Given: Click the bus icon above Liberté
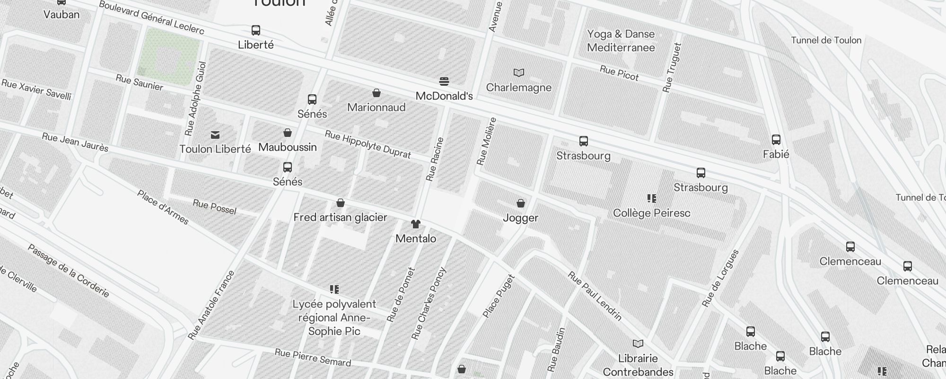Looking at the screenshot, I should pos(256,30).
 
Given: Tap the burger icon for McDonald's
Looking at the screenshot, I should pos(444,81).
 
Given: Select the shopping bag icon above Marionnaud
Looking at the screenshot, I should pos(377,93).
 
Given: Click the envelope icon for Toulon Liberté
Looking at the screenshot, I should pos(215,135).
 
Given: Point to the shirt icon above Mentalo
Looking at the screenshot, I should pos(416,224).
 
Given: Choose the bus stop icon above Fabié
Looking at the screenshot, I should pos(776,140).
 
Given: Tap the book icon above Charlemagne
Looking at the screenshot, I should pos(519,73).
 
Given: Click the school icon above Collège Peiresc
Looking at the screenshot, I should pos(652,199).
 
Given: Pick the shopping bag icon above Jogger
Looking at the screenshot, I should pos(521,203).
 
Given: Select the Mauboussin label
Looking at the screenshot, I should pos(288,147).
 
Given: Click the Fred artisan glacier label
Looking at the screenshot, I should pos(340,217).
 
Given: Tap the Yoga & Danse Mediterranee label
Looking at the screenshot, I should pos(621,41).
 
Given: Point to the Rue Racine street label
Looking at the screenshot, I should pos(435,159).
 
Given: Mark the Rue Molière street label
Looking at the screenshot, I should pos(487,141).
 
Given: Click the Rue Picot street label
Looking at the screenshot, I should pos(619,73).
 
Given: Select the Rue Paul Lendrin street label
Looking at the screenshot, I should pos(595,296).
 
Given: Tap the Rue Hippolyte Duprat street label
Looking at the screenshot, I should pos(368,144).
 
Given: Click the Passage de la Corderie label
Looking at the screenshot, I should pos(69,271).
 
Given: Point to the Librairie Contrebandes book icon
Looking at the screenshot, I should pos(638,343).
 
